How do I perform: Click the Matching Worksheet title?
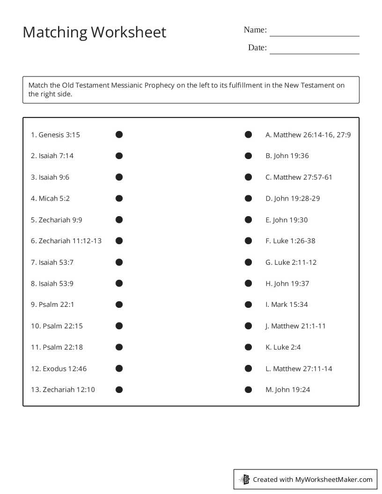pyautogui.click(x=94, y=32)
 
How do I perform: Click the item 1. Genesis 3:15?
pyautogui.click(x=55, y=135)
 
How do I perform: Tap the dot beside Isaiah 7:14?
pyautogui.click(x=119, y=156)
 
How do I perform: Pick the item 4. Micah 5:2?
pyautogui.click(x=50, y=198)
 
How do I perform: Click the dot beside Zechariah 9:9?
pyautogui.click(x=119, y=219)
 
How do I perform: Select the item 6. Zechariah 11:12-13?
pyautogui.click(x=66, y=241)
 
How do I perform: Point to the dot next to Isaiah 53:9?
pyautogui.click(x=119, y=283)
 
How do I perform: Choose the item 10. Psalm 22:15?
pyautogui.click(x=57, y=326)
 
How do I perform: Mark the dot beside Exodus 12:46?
pyautogui.click(x=119, y=368)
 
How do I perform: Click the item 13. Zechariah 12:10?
pyautogui.click(x=63, y=390)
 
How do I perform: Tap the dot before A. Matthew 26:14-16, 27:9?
pyautogui.click(x=248, y=135)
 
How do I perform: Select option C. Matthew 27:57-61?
pyautogui.click(x=299, y=177)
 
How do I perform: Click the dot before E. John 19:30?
pyautogui.click(x=248, y=219)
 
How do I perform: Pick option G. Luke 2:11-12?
pyautogui.click(x=291, y=262)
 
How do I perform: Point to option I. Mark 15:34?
pyautogui.click(x=286, y=305)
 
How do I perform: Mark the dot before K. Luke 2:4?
pyautogui.click(x=248, y=347)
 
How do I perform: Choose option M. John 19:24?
pyautogui.click(x=287, y=390)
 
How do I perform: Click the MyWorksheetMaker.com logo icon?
pyautogui.click(x=244, y=479)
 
